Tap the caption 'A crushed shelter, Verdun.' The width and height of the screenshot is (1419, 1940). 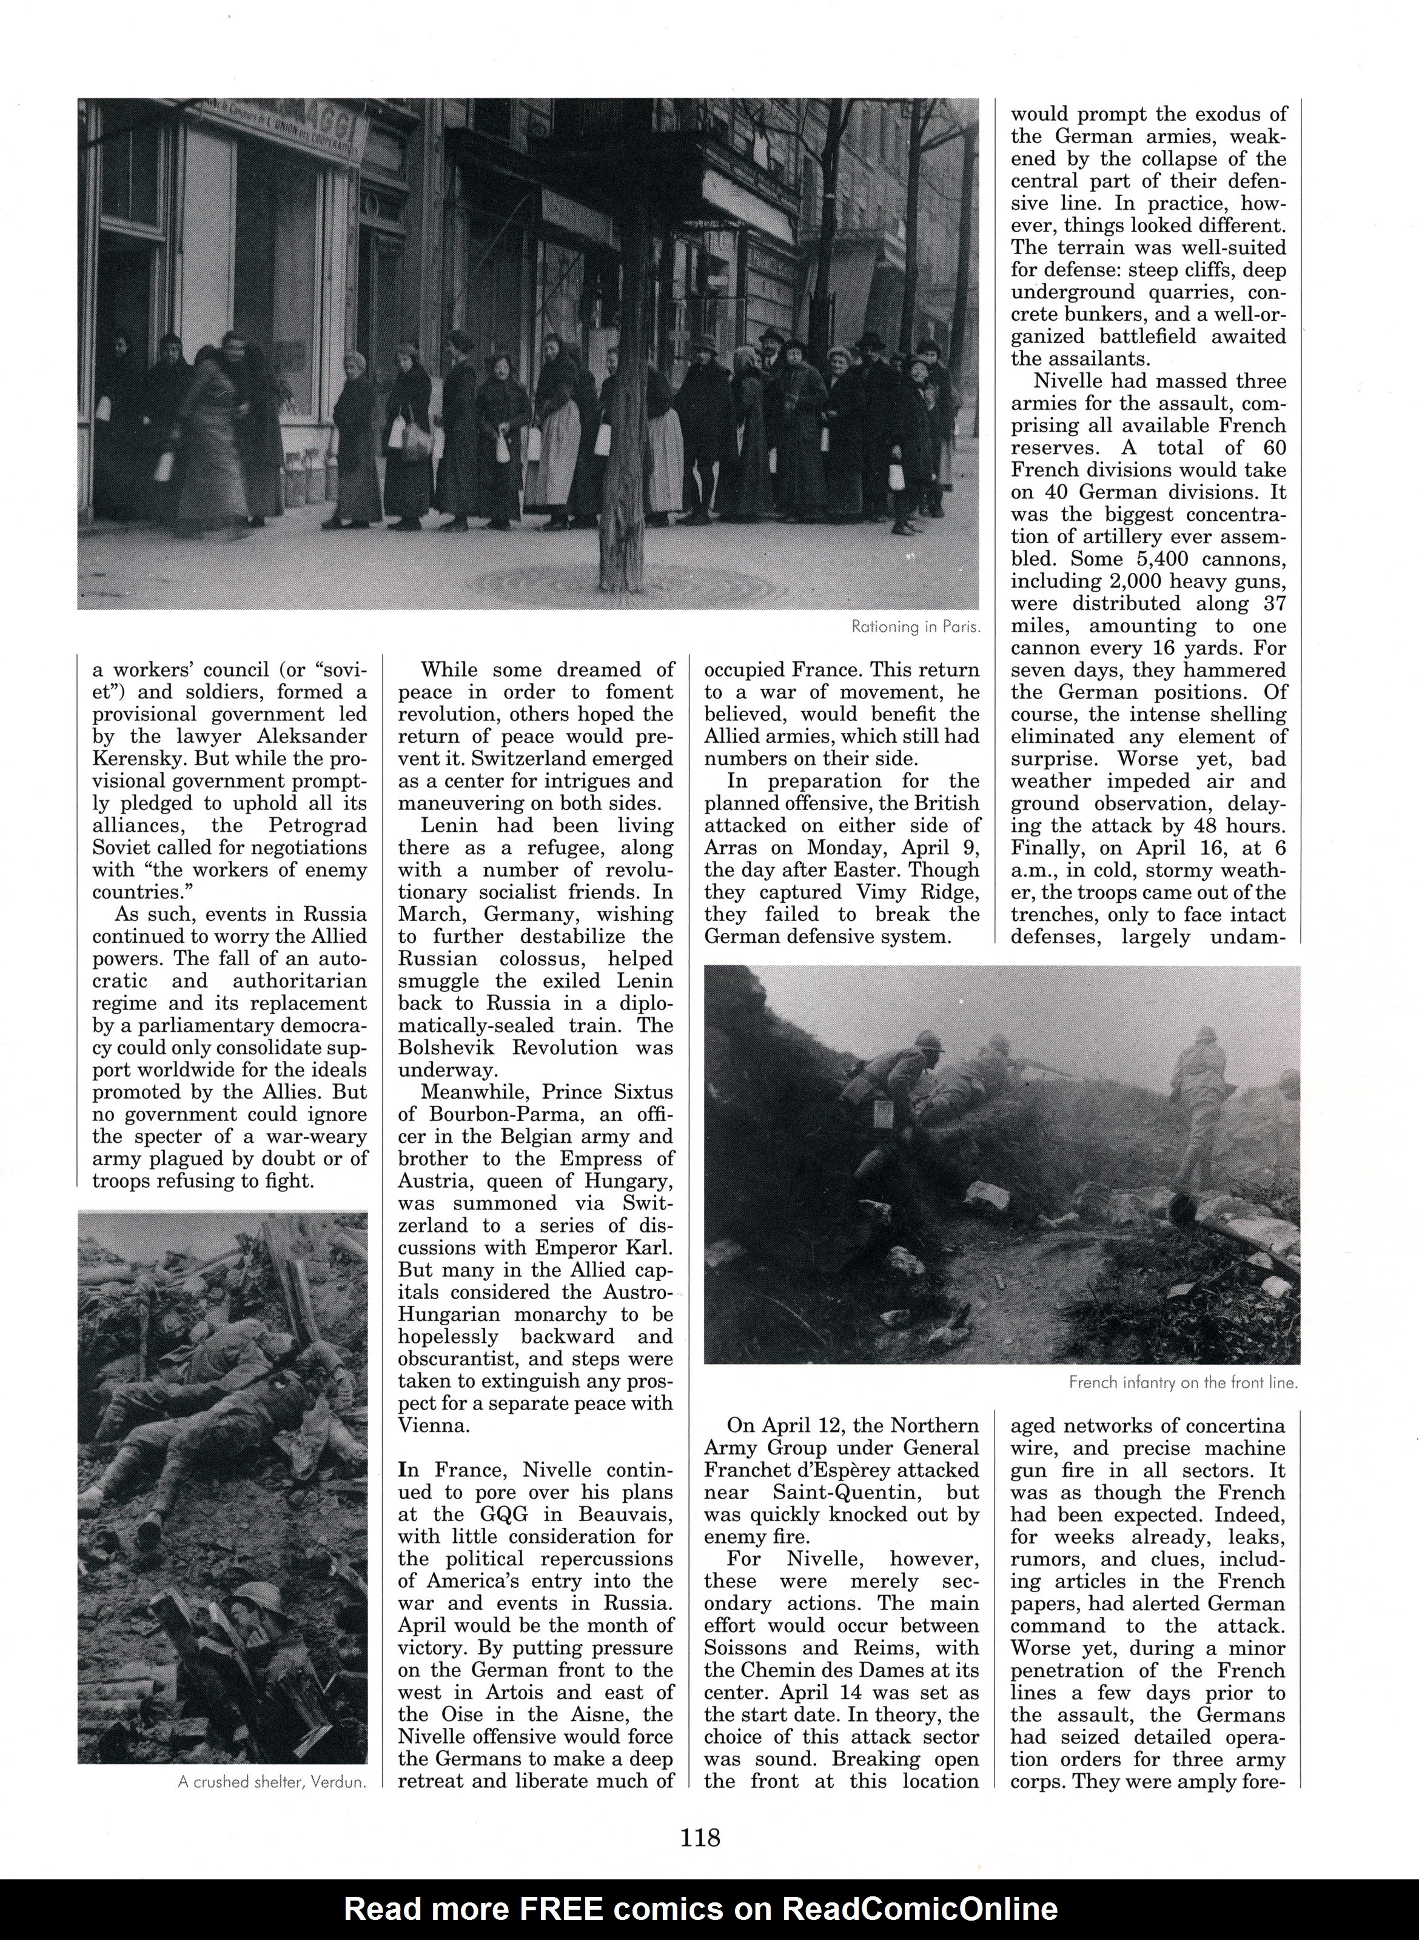(272, 1782)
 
